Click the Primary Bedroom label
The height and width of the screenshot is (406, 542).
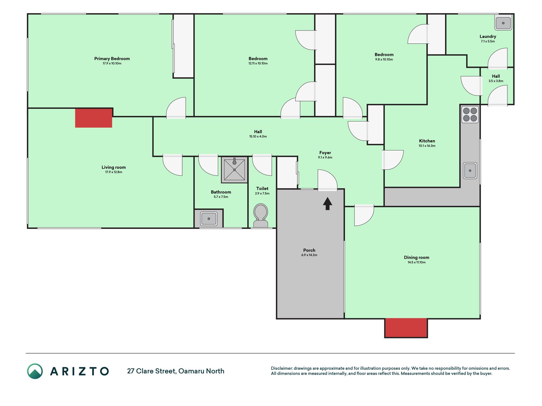pos(112,59)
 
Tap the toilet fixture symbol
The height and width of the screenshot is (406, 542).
pos(261,215)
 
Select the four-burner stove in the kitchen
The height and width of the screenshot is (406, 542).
pos(470,115)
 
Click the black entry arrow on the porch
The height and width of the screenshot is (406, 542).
pos(328,204)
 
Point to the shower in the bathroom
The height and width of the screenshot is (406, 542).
pos(234,170)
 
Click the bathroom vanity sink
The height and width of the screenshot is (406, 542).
pos(209,219)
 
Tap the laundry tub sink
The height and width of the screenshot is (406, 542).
pos(503,23)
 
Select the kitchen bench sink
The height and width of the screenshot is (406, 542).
pos(470,171)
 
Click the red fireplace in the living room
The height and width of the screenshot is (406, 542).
pos(94,118)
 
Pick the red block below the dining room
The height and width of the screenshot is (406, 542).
pos(406,328)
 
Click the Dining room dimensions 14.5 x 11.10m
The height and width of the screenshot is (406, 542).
pos(417,262)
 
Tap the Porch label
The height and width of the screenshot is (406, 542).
pos(309,250)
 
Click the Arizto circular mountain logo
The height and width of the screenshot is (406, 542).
pos(35,371)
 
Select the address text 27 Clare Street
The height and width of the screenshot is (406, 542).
pos(151,371)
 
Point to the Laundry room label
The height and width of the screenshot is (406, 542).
pos(488,36)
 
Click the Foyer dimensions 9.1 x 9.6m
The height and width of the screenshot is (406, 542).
pos(325,157)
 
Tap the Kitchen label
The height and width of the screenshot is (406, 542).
pos(427,141)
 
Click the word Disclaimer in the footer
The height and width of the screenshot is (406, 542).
pos(281,368)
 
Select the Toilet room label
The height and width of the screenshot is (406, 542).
pos(262,188)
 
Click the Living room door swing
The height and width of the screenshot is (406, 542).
pos(172,165)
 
